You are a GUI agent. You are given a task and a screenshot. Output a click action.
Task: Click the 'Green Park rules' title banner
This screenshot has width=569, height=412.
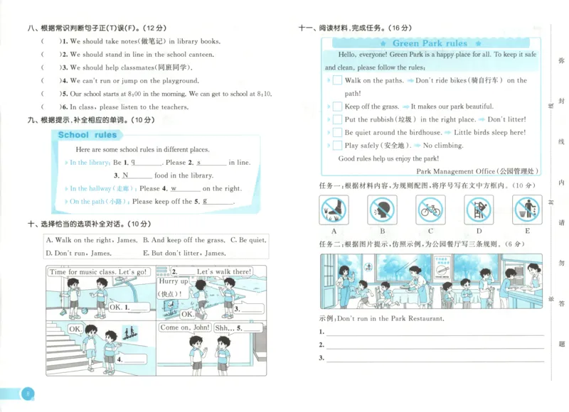coord(430,43)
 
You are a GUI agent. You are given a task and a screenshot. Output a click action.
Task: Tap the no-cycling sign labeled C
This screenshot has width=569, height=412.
coord(430,210)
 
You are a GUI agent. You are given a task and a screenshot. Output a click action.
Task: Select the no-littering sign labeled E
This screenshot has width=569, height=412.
coord(527,210)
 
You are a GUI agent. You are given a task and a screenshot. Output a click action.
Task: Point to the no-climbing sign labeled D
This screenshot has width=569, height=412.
coord(479,210)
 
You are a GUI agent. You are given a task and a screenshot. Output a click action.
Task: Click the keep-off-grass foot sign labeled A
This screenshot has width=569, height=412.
coord(334,210)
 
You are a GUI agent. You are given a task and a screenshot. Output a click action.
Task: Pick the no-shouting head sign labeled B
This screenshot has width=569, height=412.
coord(382,210)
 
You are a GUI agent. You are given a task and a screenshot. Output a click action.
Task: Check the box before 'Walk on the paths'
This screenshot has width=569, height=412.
coord(337,81)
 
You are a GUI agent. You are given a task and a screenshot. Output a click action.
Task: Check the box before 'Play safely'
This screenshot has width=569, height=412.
coord(337,146)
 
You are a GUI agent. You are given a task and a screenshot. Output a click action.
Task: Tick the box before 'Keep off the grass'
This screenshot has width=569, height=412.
coord(337,107)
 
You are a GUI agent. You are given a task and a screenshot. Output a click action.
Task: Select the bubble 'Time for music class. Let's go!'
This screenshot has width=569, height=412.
coord(98,272)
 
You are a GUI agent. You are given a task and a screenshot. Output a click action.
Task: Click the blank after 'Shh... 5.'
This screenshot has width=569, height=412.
coord(253,329)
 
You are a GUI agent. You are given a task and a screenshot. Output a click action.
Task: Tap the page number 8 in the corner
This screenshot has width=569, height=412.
coord(26,395)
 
